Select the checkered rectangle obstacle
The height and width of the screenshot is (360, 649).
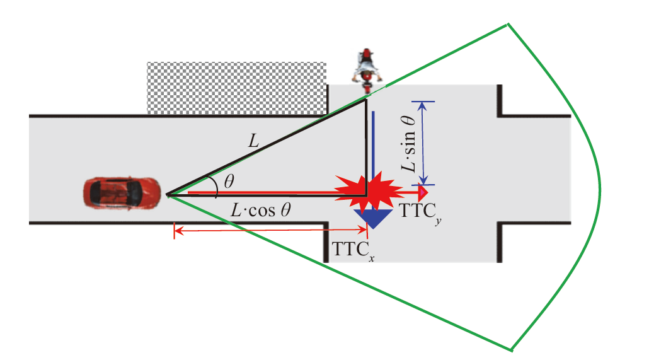click(x=236, y=88)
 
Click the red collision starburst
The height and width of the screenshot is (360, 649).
click(x=369, y=192)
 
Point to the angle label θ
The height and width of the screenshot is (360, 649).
click(x=229, y=182)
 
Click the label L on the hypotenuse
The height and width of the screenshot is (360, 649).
click(x=253, y=142)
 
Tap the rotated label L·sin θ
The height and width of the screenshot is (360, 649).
click(x=410, y=142)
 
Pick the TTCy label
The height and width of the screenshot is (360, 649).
click(x=417, y=212)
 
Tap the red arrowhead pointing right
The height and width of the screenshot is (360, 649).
click(x=423, y=192)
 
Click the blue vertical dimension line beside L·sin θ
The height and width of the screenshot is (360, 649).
click(x=423, y=142)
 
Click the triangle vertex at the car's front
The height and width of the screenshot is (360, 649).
click(x=168, y=195)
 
